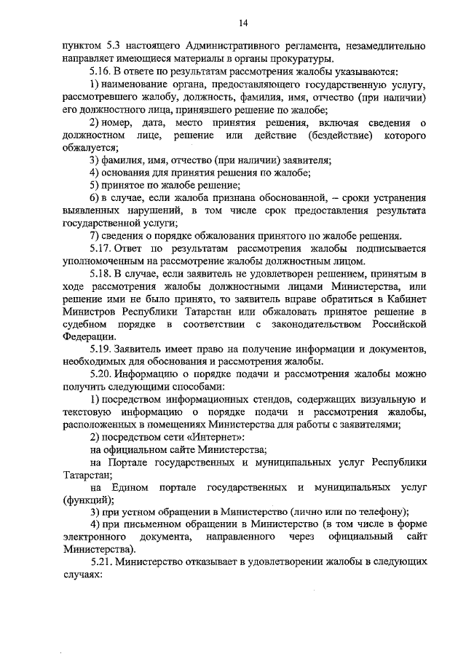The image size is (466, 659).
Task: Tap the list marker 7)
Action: tap(95, 236)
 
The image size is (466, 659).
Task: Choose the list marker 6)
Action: tap(95, 198)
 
